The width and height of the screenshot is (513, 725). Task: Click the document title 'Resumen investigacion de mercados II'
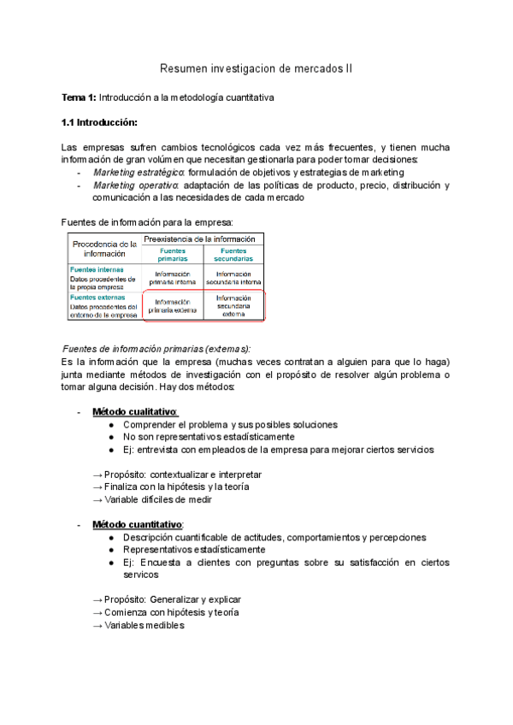click(256, 67)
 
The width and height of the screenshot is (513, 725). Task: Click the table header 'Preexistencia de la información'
click(200, 239)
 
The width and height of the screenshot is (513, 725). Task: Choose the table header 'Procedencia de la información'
click(103, 247)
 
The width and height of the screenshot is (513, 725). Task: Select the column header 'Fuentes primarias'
click(173, 254)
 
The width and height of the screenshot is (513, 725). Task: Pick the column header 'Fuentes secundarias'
click(233, 254)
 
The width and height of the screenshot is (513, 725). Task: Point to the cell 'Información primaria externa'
click(173, 306)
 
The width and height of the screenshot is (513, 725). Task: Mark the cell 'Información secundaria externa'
click(233, 305)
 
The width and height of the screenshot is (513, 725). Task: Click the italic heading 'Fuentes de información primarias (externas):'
click(157, 348)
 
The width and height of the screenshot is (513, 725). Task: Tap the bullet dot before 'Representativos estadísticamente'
click(113, 550)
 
